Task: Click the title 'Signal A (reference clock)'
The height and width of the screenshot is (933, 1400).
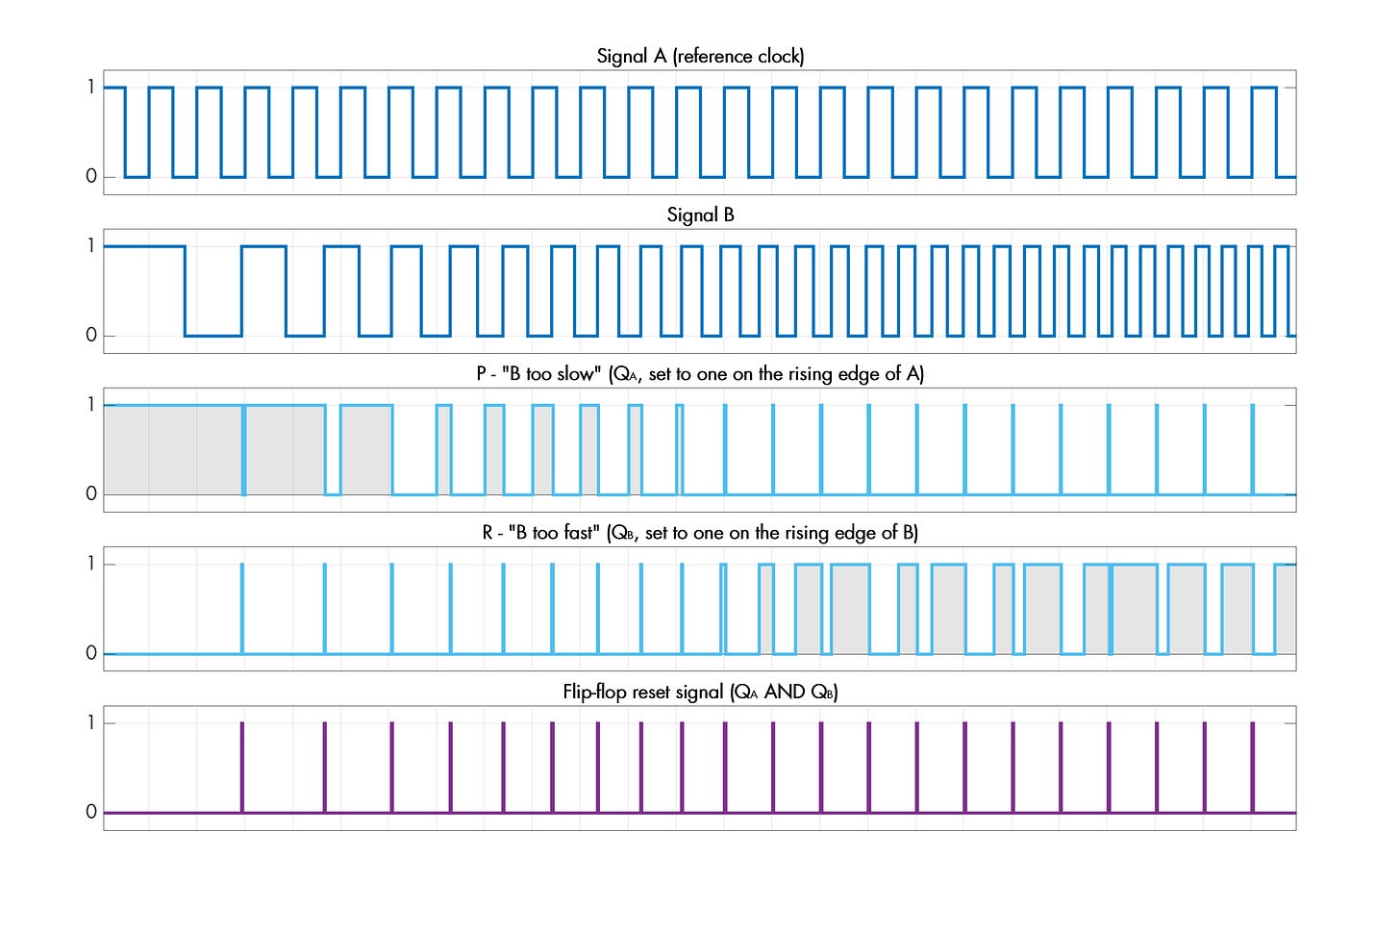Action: tap(700, 56)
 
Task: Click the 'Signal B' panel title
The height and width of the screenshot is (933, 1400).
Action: tap(700, 214)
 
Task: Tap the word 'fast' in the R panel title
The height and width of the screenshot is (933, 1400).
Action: tap(577, 532)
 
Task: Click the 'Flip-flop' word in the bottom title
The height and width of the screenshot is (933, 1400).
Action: tap(596, 692)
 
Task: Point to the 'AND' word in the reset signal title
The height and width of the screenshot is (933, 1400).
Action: tap(784, 692)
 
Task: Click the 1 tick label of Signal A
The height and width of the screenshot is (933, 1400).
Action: tap(91, 88)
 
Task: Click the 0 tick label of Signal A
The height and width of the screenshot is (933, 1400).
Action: tap(91, 177)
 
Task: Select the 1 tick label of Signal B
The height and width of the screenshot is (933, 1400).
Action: tap(91, 246)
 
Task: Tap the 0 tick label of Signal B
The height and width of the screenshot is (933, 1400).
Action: tap(91, 336)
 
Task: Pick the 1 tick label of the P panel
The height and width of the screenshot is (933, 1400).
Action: tap(91, 405)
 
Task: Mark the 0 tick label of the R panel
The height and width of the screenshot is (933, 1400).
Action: tap(91, 654)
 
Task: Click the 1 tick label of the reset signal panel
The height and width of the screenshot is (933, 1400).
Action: tap(91, 723)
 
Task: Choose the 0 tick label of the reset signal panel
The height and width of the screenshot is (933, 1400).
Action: tap(91, 813)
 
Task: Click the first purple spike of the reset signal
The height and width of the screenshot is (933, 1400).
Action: tap(242, 768)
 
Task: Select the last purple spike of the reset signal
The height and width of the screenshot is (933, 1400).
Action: tap(1252, 768)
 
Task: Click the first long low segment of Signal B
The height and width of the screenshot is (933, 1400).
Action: tap(212, 336)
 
